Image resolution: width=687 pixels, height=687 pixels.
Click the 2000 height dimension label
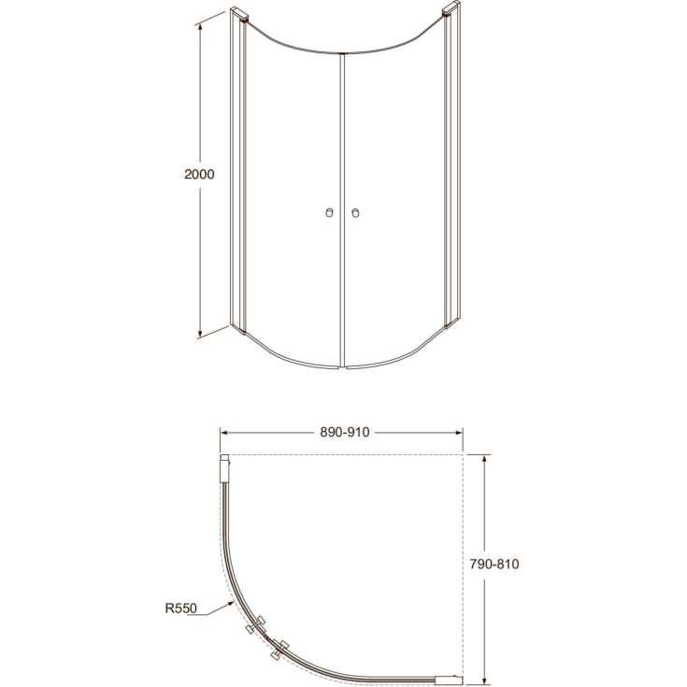point(201,175)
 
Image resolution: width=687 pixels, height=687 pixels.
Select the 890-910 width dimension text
point(344,432)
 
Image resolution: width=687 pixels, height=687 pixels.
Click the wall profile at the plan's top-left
point(223,467)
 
